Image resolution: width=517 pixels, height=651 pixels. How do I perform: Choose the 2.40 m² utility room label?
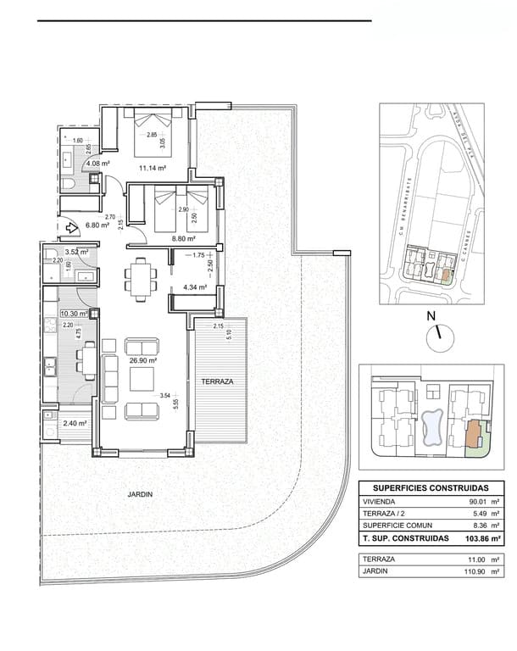[75, 424]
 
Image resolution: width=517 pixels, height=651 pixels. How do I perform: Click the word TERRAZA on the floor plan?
[217, 382]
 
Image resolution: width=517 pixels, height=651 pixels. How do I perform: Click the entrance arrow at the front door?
[64, 227]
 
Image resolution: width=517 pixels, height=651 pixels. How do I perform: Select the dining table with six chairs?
[141, 279]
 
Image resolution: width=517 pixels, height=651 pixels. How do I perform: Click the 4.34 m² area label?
[196, 288]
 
